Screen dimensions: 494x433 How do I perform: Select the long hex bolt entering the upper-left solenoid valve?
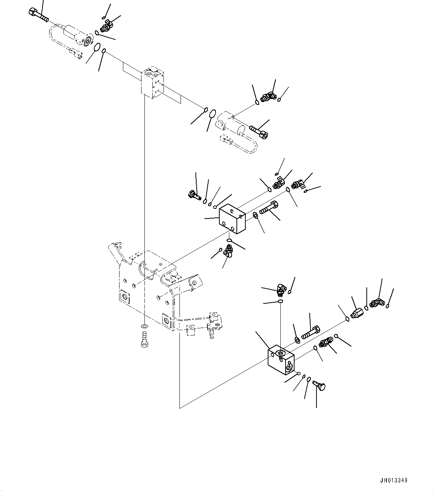pyautogui.click(x=38, y=15)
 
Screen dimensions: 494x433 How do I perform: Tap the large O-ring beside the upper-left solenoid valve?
pyautogui.click(x=96, y=47)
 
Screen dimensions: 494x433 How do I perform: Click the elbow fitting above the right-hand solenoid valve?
pyautogui.click(x=267, y=98)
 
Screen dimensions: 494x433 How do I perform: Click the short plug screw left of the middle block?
pyautogui.click(x=194, y=194)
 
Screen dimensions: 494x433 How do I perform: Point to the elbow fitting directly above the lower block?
pyautogui.click(x=282, y=289)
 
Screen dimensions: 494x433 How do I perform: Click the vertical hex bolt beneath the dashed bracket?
pyautogui.click(x=144, y=340)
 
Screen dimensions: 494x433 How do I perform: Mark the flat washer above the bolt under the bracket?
pyautogui.click(x=144, y=326)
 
